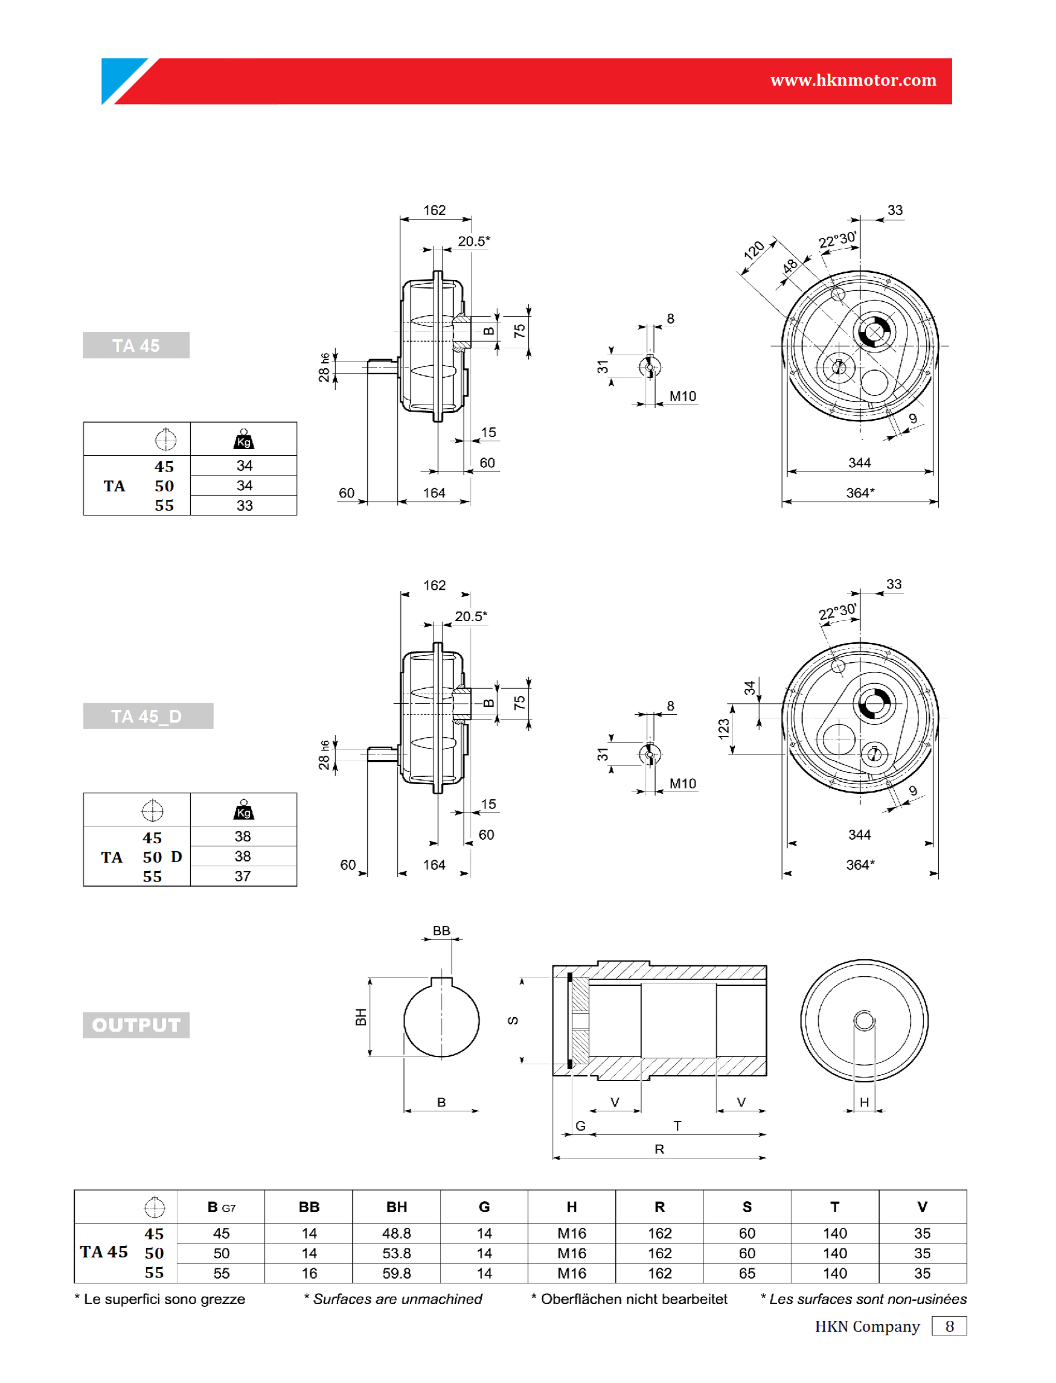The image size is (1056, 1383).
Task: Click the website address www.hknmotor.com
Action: [x=853, y=80]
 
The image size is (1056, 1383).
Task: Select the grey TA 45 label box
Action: [x=136, y=345]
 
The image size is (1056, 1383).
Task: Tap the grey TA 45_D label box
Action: [x=148, y=716]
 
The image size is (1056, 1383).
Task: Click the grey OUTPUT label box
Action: [x=136, y=1025]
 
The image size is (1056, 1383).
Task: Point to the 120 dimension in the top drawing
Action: [x=754, y=250]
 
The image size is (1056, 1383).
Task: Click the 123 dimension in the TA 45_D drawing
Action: [x=723, y=729]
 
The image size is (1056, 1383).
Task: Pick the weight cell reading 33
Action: [x=244, y=505]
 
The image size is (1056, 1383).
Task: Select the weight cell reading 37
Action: [x=243, y=876]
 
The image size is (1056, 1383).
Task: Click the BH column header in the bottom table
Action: [x=397, y=1207]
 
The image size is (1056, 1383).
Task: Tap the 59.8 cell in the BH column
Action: [x=397, y=1273]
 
